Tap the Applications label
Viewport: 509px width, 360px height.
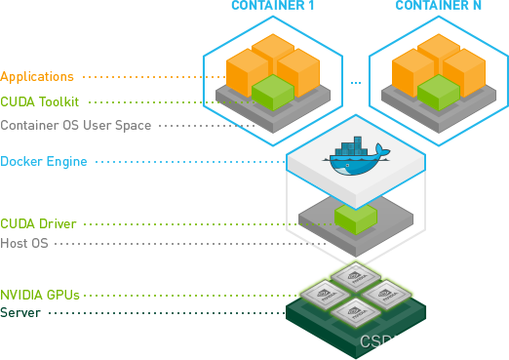click(x=37, y=76)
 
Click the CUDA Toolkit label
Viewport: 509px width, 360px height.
click(x=40, y=100)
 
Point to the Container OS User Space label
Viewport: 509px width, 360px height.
click(x=76, y=125)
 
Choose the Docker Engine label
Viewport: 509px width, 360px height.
click(x=43, y=161)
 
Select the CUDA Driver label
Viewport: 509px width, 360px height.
click(x=38, y=223)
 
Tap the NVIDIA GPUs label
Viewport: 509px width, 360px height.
click(x=40, y=293)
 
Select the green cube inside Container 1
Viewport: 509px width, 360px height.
click(x=274, y=93)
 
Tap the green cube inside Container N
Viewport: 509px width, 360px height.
click(x=438, y=93)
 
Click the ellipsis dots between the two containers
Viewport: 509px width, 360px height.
click(x=355, y=83)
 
